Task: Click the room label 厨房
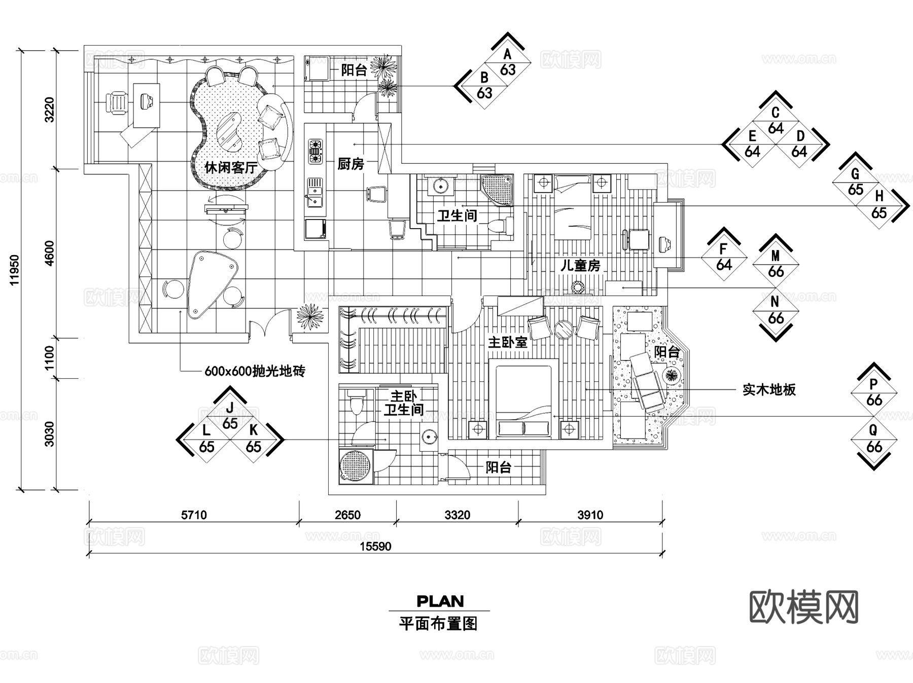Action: [x=350, y=164]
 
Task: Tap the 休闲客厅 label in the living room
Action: [x=231, y=167]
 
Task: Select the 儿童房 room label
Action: [x=580, y=265]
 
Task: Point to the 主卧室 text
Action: [x=508, y=342]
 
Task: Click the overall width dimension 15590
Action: [x=375, y=546]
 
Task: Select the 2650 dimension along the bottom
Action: [x=347, y=515]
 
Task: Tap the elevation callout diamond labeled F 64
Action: [x=724, y=257]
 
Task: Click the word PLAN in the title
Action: [x=440, y=601]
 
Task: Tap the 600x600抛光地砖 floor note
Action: [x=255, y=371]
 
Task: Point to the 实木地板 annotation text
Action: [x=769, y=389]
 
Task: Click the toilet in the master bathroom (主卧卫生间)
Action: [x=356, y=402]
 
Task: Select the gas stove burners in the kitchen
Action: [x=315, y=152]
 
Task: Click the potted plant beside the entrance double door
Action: [x=309, y=316]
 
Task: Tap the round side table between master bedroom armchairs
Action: [x=564, y=329]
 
